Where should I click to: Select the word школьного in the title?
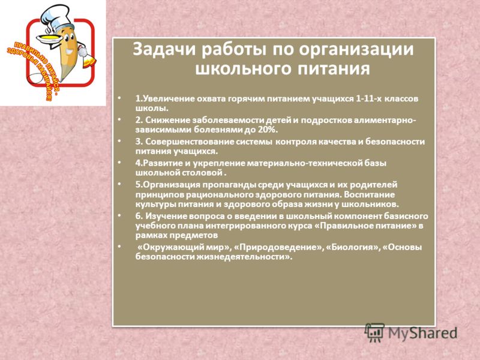click(x=242, y=69)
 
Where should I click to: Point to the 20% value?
click(x=268, y=130)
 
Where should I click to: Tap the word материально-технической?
click(x=304, y=163)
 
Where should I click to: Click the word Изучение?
click(x=164, y=216)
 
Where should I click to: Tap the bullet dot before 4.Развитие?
click(x=119, y=163)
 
